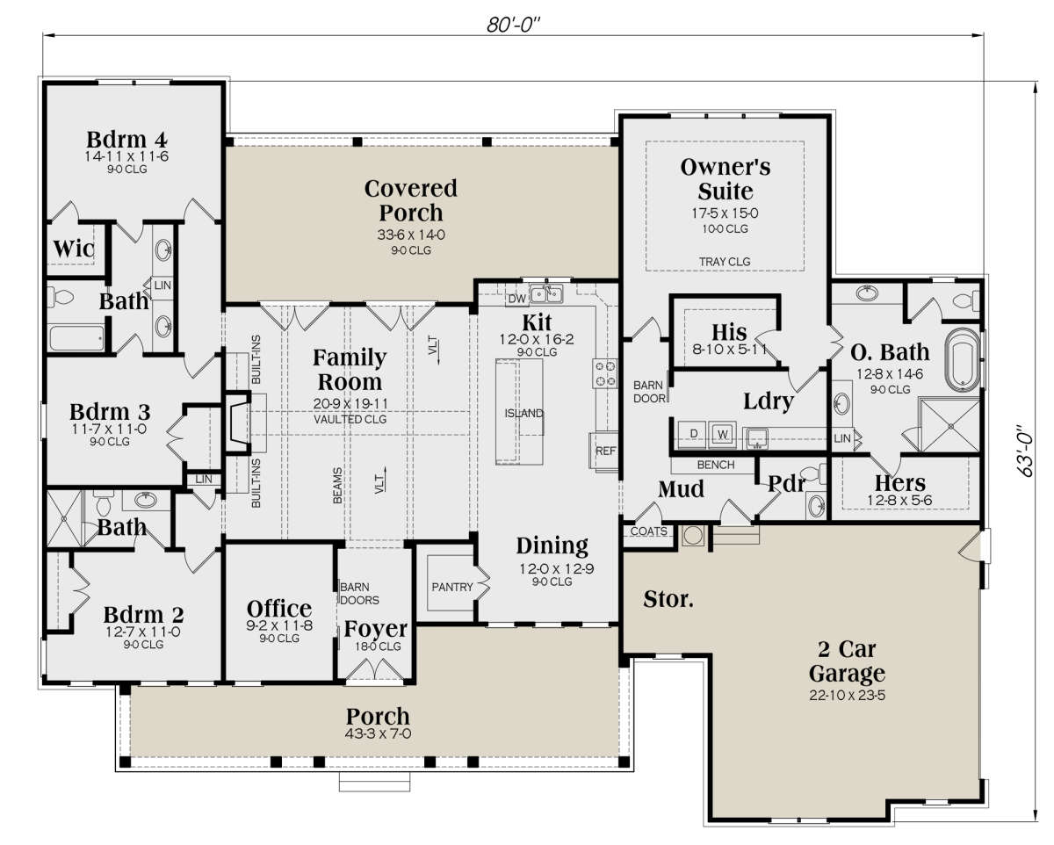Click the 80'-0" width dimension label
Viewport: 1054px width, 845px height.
tap(513, 25)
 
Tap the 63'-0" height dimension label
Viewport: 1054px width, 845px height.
tap(1025, 451)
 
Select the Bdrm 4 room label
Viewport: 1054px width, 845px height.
tap(126, 140)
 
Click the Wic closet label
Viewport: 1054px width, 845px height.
tap(74, 249)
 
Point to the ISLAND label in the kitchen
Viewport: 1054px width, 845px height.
tap(523, 414)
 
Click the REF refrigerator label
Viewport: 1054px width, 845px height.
tap(605, 451)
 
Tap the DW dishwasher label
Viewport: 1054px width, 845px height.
tap(516, 299)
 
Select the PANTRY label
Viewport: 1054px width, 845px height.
tap(452, 587)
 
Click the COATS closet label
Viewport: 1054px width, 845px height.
tap(648, 531)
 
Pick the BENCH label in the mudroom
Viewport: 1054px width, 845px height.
tap(716, 465)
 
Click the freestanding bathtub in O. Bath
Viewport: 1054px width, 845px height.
tap(962, 360)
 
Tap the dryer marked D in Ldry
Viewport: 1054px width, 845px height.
tap(692, 434)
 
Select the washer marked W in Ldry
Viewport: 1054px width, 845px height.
tap(722, 434)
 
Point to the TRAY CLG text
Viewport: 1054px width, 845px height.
tap(725, 262)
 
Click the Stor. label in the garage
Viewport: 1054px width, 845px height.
tap(668, 599)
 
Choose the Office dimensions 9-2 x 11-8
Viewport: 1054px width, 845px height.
tap(279, 625)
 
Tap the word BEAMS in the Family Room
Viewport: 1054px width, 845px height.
tap(337, 486)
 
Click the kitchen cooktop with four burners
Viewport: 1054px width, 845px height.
tap(604, 373)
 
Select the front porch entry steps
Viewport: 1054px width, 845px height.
tap(374, 782)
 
